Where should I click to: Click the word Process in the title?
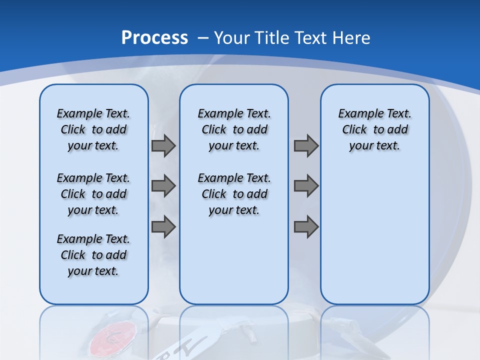[x=154, y=37]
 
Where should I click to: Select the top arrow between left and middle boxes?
[x=163, y=146]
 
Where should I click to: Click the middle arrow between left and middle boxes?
[x=163, y=186]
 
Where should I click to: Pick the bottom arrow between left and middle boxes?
[x=163, y=226]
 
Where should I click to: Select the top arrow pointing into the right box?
[x=306, y=146]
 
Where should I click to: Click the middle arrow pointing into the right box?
[x=306, y=186]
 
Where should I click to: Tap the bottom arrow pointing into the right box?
[x=306, y=226]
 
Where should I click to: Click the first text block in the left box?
[x=93, y=129]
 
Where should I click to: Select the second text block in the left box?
[x=93, y=194]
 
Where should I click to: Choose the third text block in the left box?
[x=93, y=255]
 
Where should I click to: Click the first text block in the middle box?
[x=234, y=129]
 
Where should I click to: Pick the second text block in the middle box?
[x=234, y=194]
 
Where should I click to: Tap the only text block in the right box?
[x=374, y=129]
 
